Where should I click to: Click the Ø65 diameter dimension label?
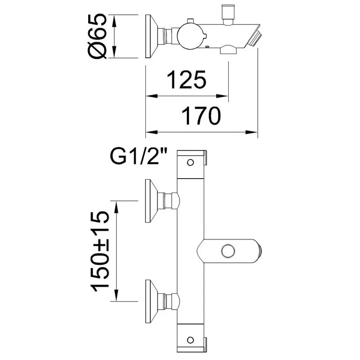(x=98, y=36)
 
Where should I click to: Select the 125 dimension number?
(x=186, y=80)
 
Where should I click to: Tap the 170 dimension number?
(x=201, y=116)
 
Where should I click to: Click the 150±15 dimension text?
(x=100, y=251)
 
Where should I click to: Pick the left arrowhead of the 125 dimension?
(x=152, y=96)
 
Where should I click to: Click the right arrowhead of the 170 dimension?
(x=252, y=132)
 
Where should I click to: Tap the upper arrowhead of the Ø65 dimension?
(x=115, y=21)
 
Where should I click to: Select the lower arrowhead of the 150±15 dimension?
(x=117, y=295)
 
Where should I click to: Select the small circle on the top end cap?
(x=190, y=162)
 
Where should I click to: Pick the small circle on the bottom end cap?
(x=190, y=340)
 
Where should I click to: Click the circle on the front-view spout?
(x=228, y=251)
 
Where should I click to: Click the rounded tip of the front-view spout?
(x=259, y=251)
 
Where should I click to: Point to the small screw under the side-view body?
(x=207, y=47)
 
